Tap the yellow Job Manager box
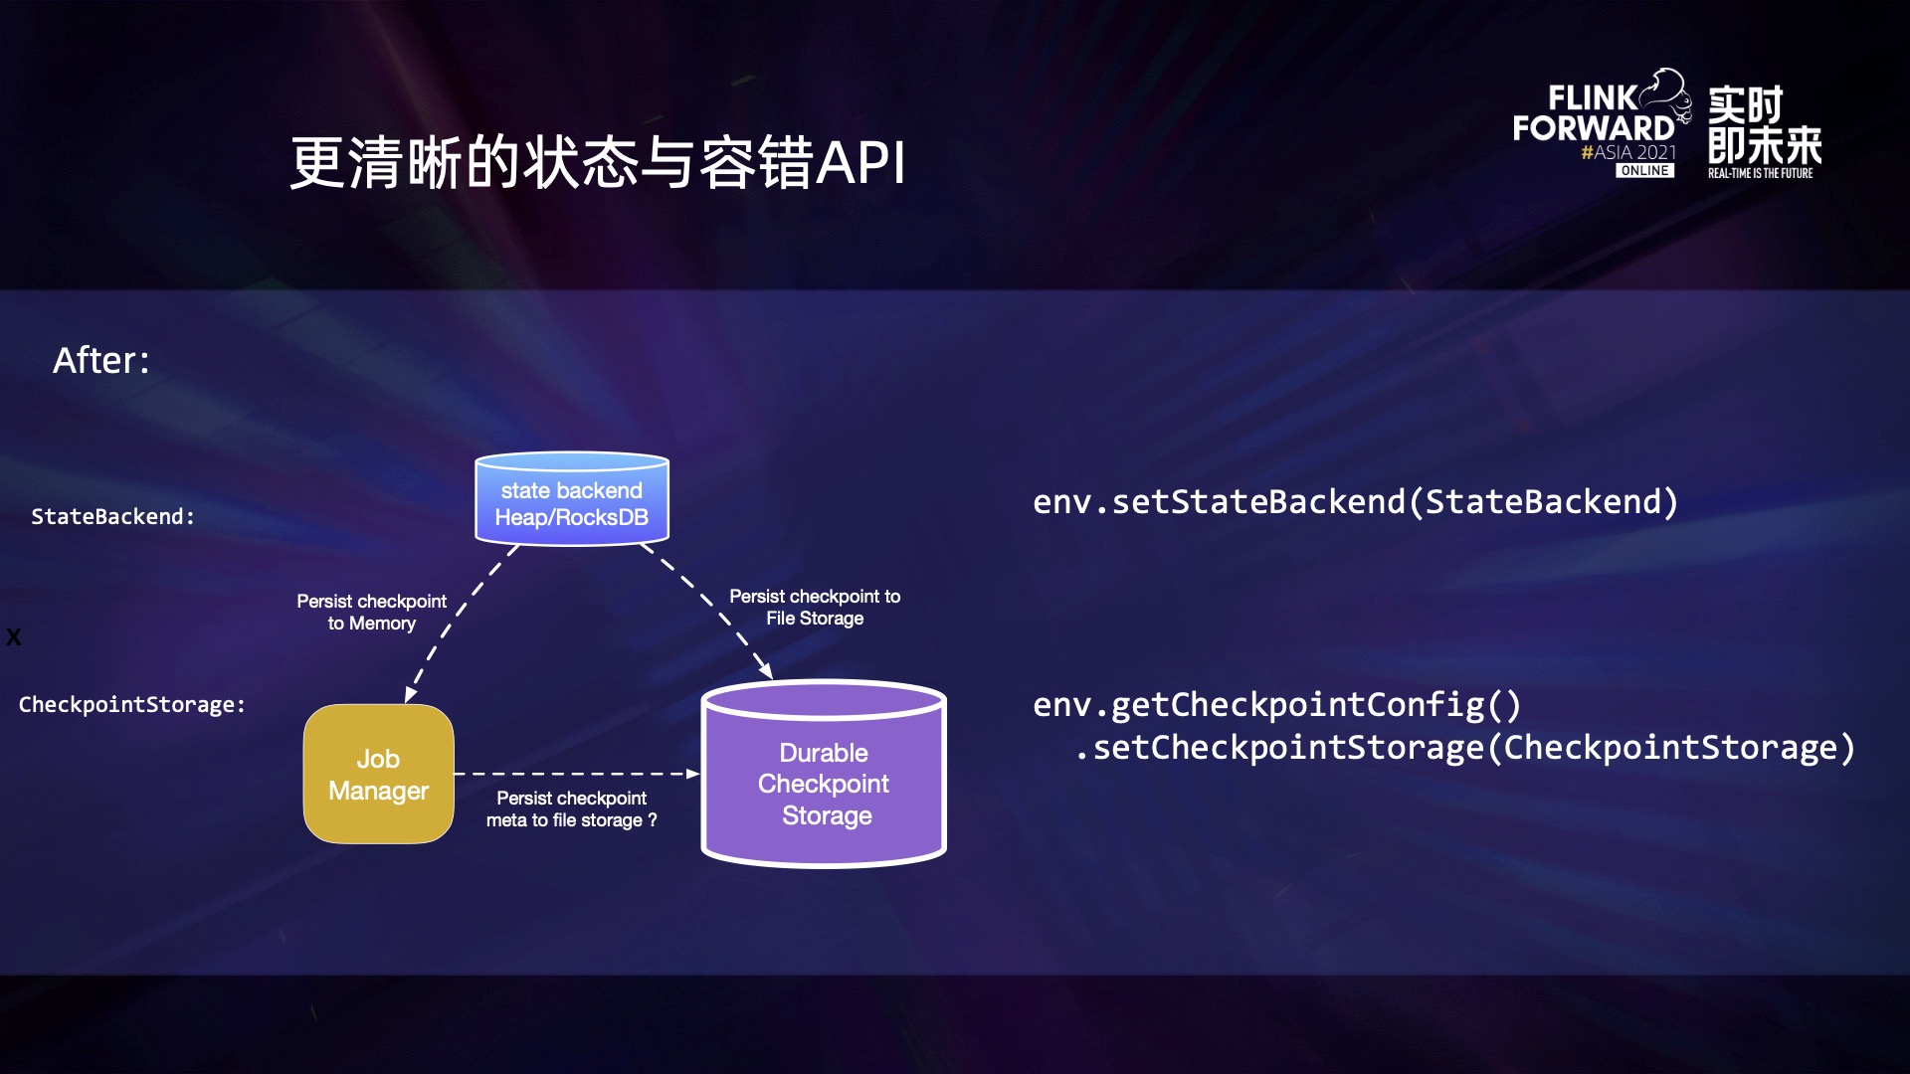pyautogui.click(x=378, y=775)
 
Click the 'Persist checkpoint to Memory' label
pyautogui.click(x=371, y=613)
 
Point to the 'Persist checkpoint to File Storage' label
pyautogui.click(x=815, y=608)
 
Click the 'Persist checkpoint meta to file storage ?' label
pyautogui.click(x=571, y=809)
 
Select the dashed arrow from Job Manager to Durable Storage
pyautogui.click(x=577, y=774)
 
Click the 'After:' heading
pyautogui.click(x=101, y=360)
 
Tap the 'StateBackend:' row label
pyautogui.click(x=112, y=517)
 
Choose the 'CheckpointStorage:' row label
pyautogui.click(x=131, y=705)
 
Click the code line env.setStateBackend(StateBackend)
pyautogui.click(x=1355, y=502)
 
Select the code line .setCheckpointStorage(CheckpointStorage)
pyautogui.click(x=1464, y=748)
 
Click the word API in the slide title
pyautogui.click(x=860, y=163)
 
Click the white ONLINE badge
pyautogui.click(x=1644, y=171)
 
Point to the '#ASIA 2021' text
pyautogui.click(x=1628, y=152)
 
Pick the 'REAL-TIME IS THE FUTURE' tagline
pyautogui.click(x=1760, y=173)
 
